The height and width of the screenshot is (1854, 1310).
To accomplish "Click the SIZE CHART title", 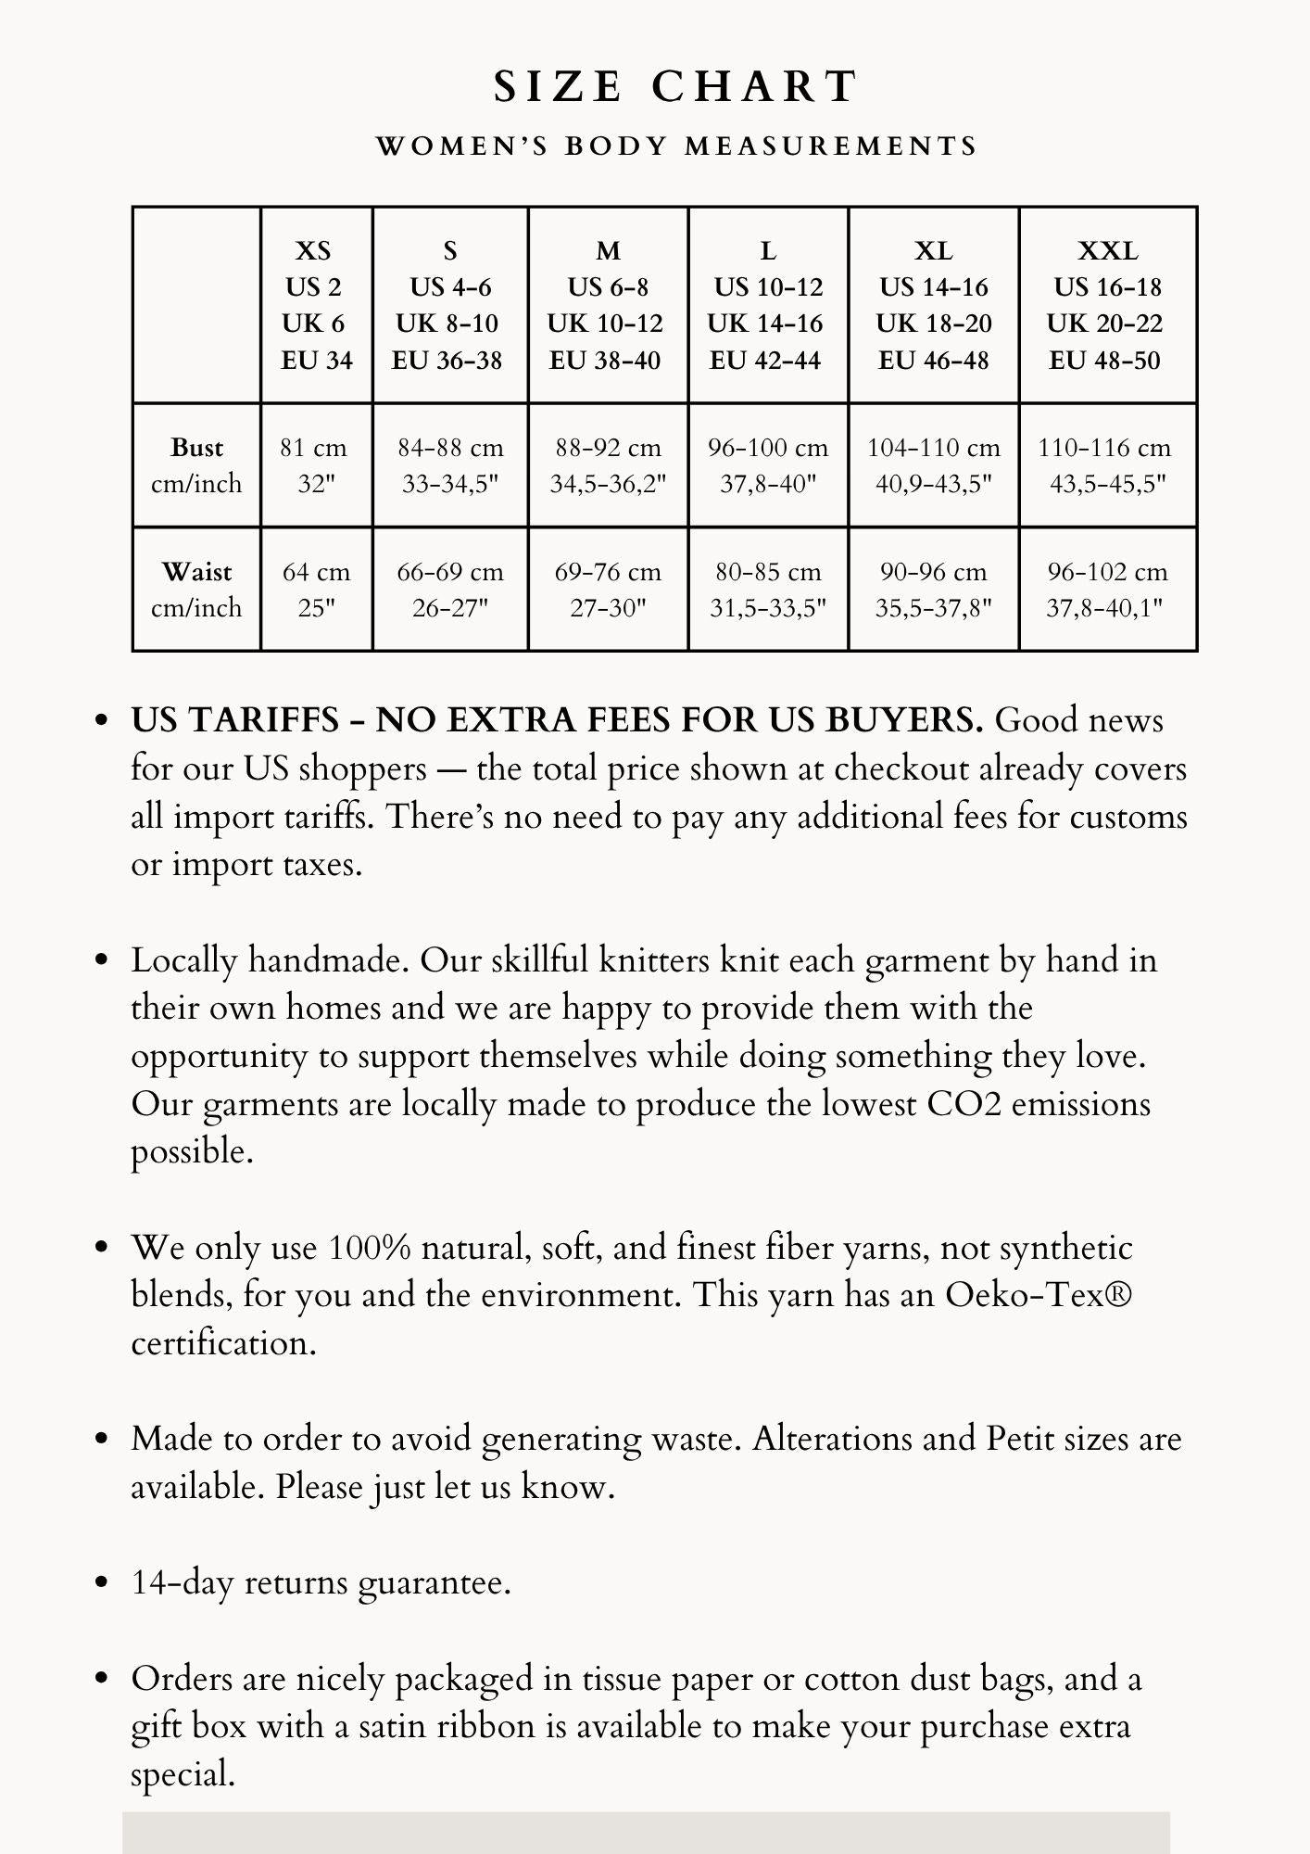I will pyautogui.click(x=676, y=87).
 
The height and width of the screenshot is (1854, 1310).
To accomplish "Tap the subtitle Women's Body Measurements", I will pyautogui.click(x=676, y=146).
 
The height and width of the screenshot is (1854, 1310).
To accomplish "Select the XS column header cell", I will pyautogui.click(x=316, y=305).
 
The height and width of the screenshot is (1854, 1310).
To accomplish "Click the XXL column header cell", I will pyautogui.click(x=1107, y=305).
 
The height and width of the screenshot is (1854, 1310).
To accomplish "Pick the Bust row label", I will pyautogui.click(x=196, y=465).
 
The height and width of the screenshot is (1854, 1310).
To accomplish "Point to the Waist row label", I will pyautogui.click(x=196, y=590).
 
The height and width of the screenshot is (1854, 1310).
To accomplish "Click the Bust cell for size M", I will pyautogui.click(x=608, y=465).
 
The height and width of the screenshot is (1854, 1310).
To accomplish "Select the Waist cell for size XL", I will pyautogui.click(x=933, y=590).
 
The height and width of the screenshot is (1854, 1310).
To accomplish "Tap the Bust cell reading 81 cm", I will pyautogui.click(x=315, y=465).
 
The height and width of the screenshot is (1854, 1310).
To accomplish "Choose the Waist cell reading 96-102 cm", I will pyautogui.click(x=1107, y=590).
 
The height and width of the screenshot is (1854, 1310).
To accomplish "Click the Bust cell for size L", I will pyautogui.click(x=768, y=465).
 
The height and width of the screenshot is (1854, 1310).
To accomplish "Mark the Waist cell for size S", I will pyautogui.click(x=450, y=590).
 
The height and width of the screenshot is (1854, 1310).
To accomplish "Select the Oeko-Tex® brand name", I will pyautogui.click(x=1039, y=1295).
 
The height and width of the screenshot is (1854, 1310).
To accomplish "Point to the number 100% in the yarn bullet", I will pyautogui.click(x=370, y=1248).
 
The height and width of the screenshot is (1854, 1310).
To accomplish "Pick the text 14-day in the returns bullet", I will pyautogui.click(x=183, y=1582).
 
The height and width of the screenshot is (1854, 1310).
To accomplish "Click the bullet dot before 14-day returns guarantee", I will pyautogui.click(x=103, y=1583).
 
